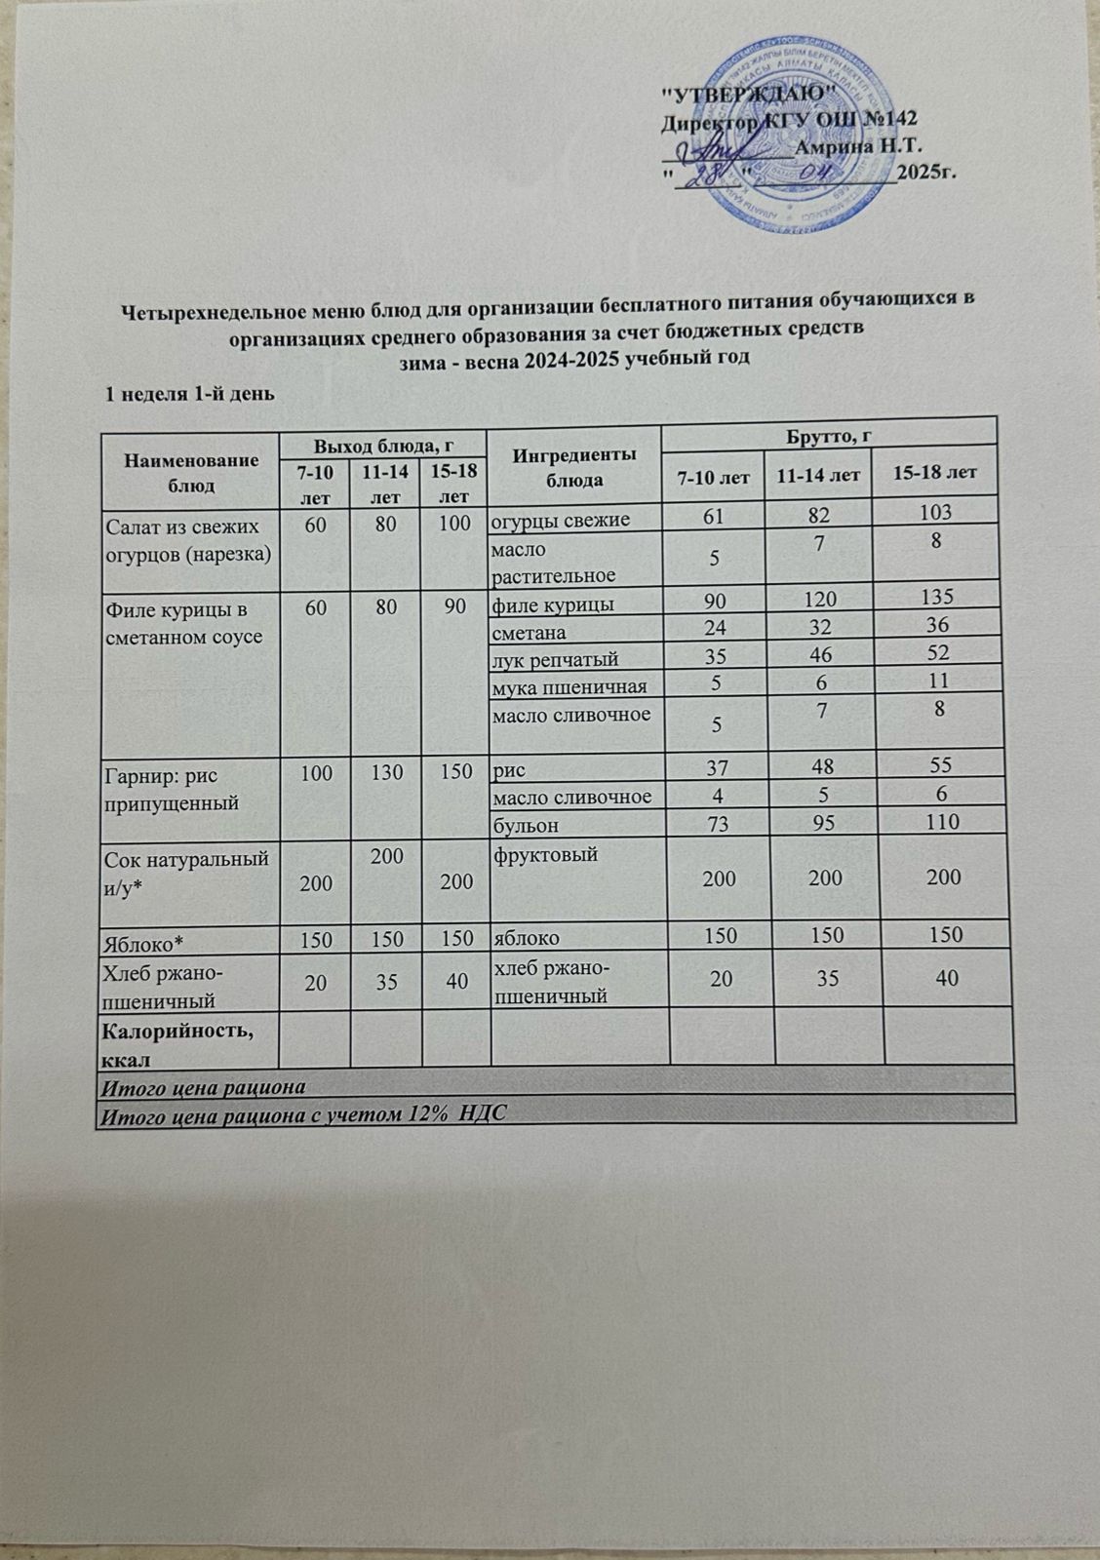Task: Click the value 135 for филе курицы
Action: point(933,598)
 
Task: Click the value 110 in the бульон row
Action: point(935,821)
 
